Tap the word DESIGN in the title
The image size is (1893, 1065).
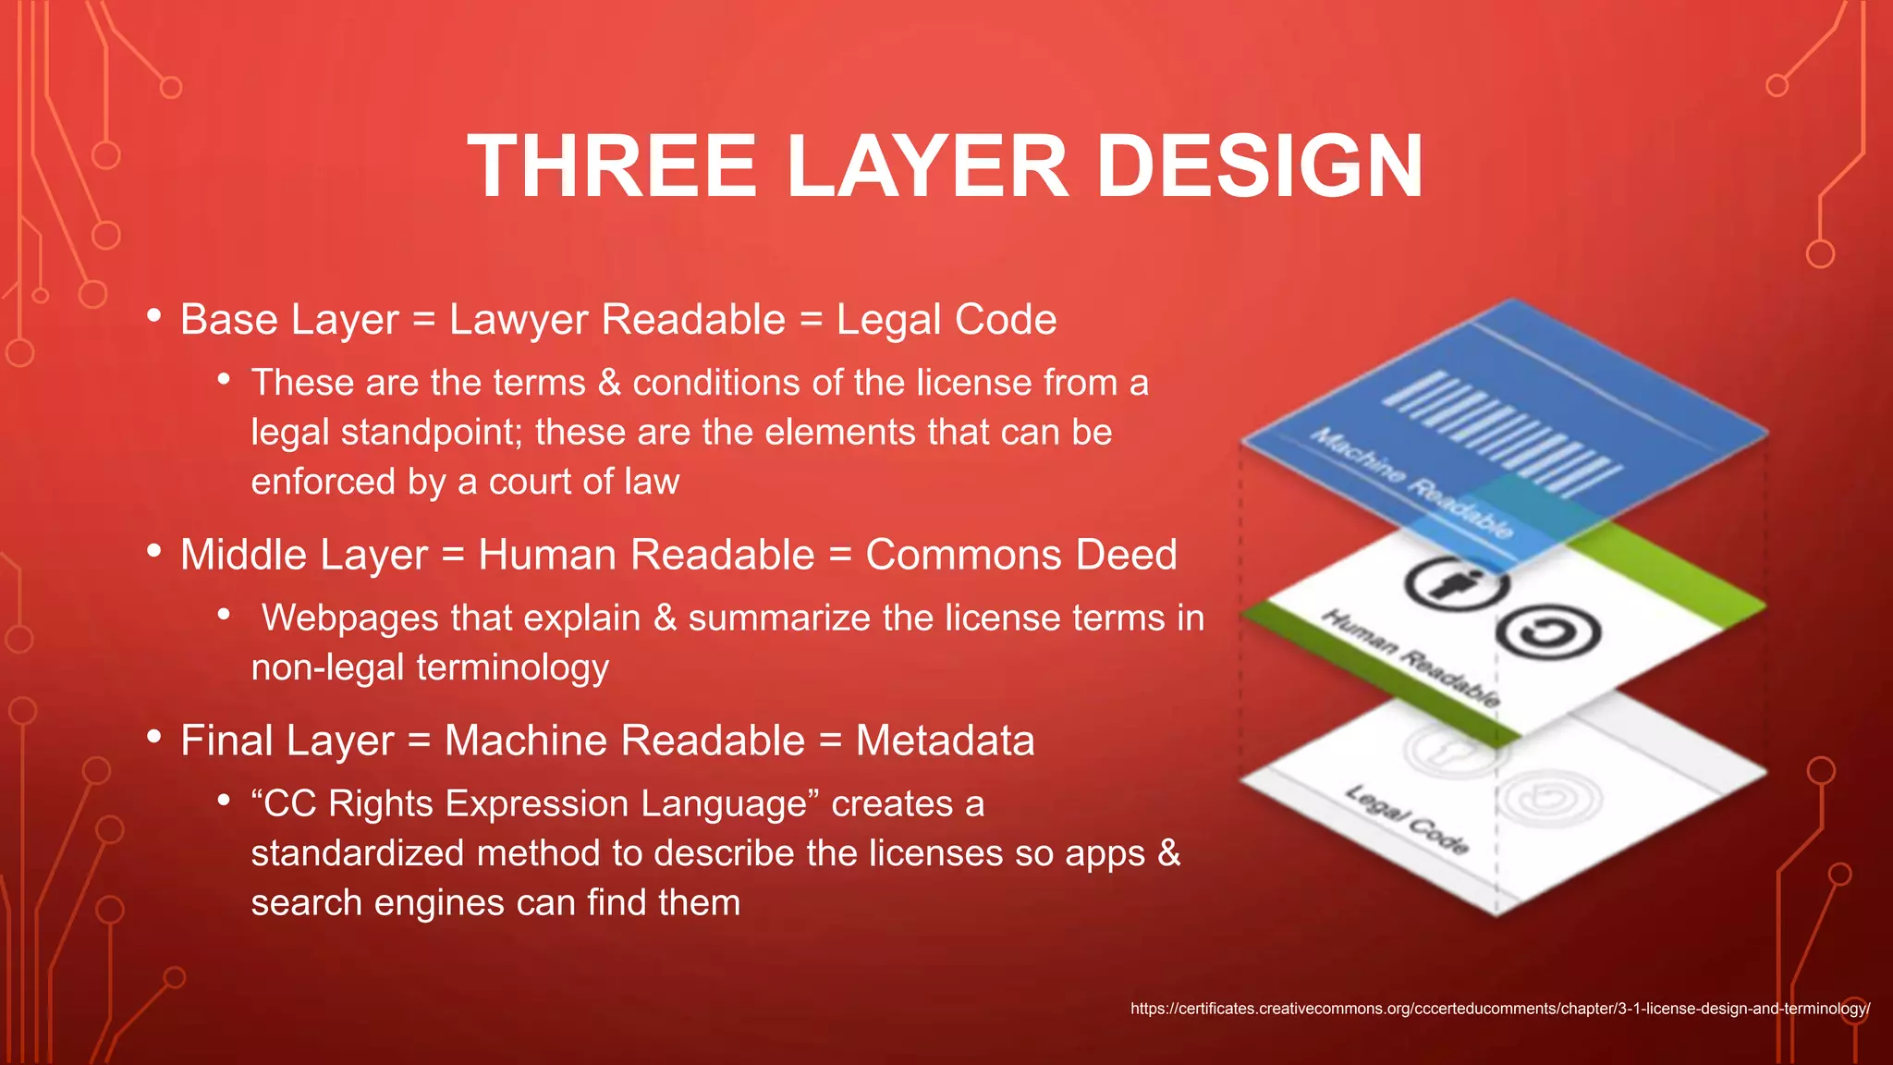(x=1259, y=166)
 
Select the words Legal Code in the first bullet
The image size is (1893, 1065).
(x=946, y=320)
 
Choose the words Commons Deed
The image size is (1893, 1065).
(x=1020, y=555)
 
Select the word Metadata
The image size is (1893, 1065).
(x=945, y=741)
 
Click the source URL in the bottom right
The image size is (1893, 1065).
(x=1499, y=1009)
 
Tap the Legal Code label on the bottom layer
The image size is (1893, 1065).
(x=1406, y=819)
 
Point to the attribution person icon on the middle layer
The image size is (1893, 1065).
(x=1456, y=584)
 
